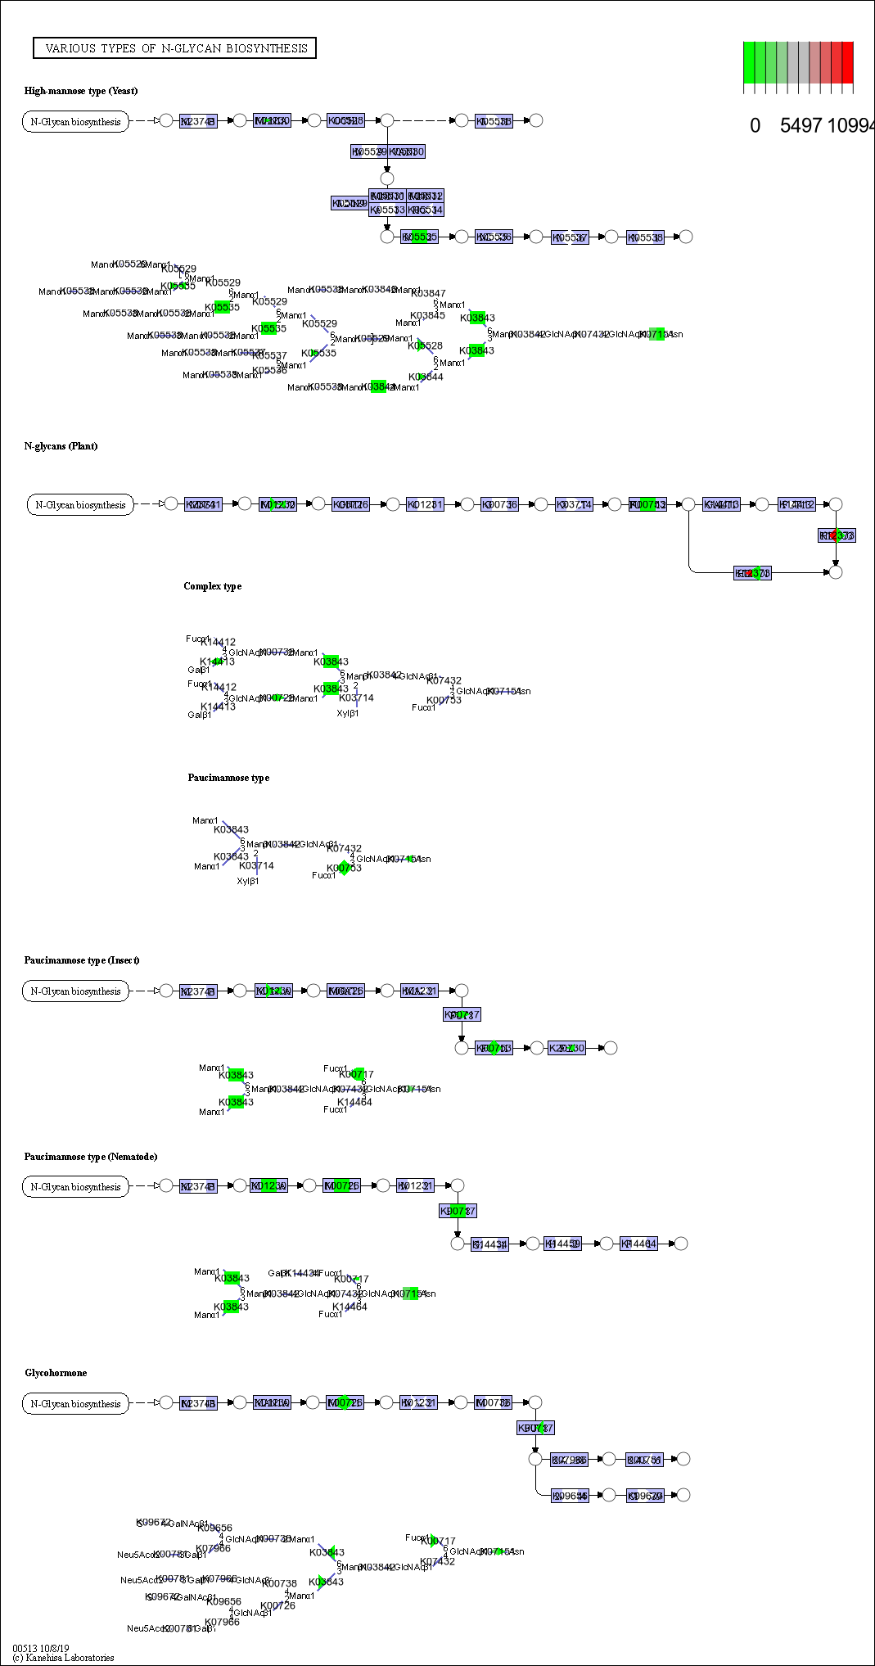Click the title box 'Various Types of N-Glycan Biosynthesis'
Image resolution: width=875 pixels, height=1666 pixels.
click(x=175, y=48)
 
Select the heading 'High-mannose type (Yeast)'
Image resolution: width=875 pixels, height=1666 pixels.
click(x=81, y=91)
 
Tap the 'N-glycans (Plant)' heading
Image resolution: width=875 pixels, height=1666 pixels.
click(x=61, y=446)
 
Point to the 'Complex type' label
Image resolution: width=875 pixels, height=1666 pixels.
click(x=212, y=586)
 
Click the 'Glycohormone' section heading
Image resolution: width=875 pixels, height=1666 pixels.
click(x=56, y=1373)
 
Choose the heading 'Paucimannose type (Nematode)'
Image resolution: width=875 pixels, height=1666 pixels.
click(x=90, y=1157)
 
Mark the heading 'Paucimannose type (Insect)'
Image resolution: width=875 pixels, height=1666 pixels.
click(x=82, y=960)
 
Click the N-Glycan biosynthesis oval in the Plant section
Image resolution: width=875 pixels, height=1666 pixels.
click(x=80, y=505)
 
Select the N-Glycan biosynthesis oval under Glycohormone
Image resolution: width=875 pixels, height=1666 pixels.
click(x=75, y=1404)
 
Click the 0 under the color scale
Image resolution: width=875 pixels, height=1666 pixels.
click(x=755, y=125)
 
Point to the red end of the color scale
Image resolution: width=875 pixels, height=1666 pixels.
click(x=847, y=62)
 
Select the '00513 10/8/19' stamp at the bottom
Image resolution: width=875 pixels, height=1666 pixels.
click(x=41, y=1648)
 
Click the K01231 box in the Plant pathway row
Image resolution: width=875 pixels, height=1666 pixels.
click(x=425, y=504)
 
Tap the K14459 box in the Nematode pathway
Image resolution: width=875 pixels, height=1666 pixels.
click(x=562, y=1244)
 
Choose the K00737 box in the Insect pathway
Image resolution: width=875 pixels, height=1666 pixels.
click(x=462, y=1015)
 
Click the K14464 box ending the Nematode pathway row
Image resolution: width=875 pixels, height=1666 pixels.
click(x=638, y=1244)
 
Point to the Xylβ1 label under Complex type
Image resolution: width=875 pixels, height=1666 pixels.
click(x=348, y=713)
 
